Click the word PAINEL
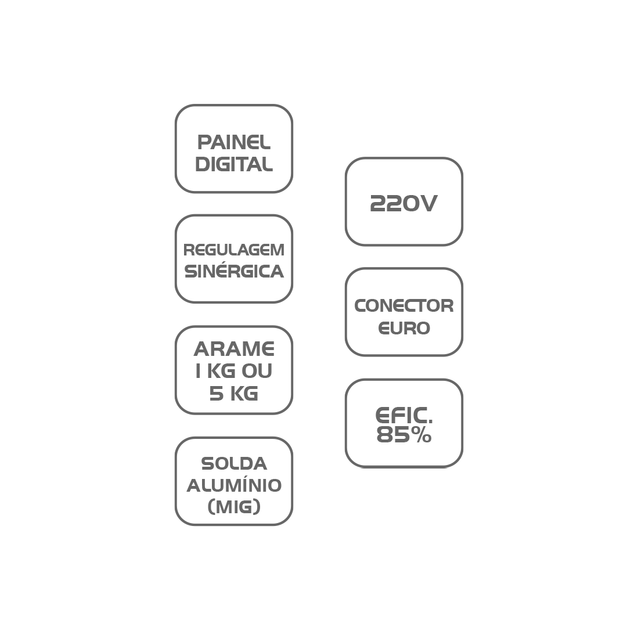[234, 142]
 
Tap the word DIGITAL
[234, 164]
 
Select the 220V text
[404, 203]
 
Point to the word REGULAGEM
[234, 250]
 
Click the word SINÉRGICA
[234, 271]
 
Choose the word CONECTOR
[404, 306]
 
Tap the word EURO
[404, 328]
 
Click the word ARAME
[234, 349]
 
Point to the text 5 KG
[234, 394]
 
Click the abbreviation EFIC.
[404, 415]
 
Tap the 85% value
[404, 435]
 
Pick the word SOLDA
[234, 464]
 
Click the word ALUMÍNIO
[234, 485]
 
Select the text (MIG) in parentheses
[234, 507]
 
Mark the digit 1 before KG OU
[198, 371]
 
